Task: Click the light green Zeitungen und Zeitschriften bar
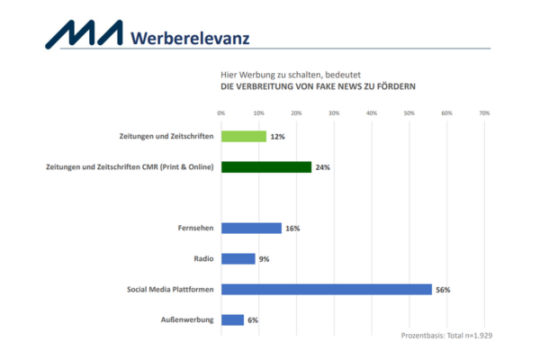244,137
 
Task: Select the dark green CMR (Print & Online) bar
266,167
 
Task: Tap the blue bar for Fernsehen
251,228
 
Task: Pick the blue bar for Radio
238,258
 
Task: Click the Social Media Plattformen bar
327,289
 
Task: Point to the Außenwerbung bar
232,319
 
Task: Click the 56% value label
443,290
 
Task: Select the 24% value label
323,167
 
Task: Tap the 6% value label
253,320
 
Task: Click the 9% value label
265,259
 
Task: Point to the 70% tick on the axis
483,112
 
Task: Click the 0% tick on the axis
221,112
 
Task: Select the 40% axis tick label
372,112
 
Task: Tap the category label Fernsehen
194,228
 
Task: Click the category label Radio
203,258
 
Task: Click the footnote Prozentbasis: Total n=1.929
446,335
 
